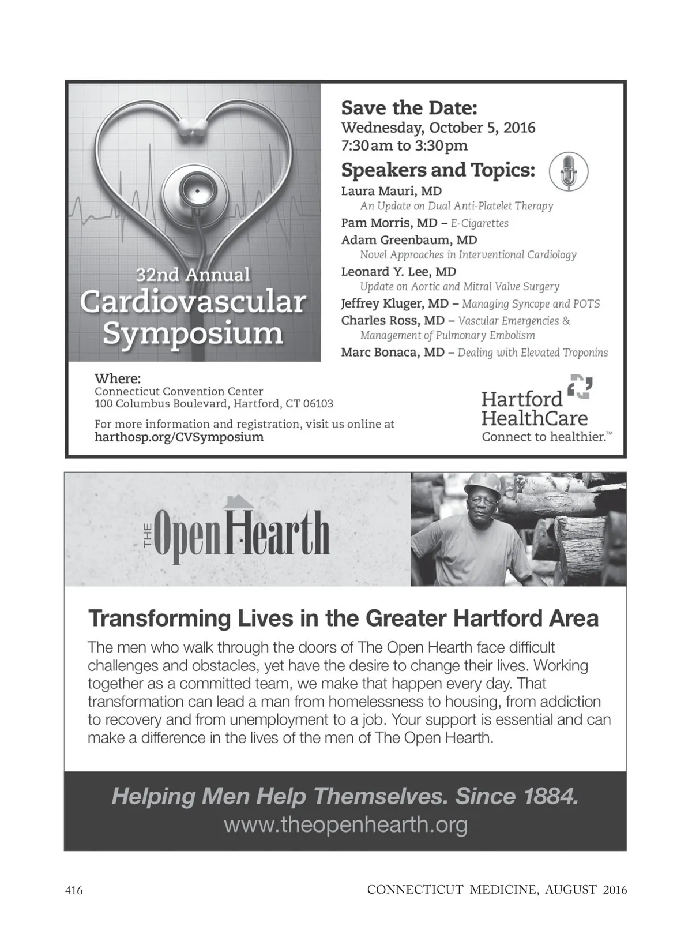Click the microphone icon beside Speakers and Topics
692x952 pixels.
coord(569,171)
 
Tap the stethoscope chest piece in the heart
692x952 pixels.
coord(195,191)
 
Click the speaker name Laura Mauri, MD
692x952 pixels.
coord(391,191)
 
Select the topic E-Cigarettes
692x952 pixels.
coord(479,223)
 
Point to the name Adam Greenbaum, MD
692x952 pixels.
coord(409,240)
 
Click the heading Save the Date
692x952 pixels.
coord(409,108)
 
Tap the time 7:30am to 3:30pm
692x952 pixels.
coord(404,145)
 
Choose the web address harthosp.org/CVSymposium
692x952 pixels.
coord(179,437)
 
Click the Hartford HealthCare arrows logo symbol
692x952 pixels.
coord(580,387)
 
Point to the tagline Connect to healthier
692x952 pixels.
coord(544,437)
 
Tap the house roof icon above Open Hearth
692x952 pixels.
coord(239,503)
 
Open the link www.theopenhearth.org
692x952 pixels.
coord(345,825)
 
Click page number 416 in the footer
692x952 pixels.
coord(74,890)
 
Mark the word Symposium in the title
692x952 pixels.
coord(193,333)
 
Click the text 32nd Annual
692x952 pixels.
coord(193,275)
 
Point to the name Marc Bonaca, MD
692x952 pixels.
coord(393,353)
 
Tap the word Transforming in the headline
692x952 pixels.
coord(159,619)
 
